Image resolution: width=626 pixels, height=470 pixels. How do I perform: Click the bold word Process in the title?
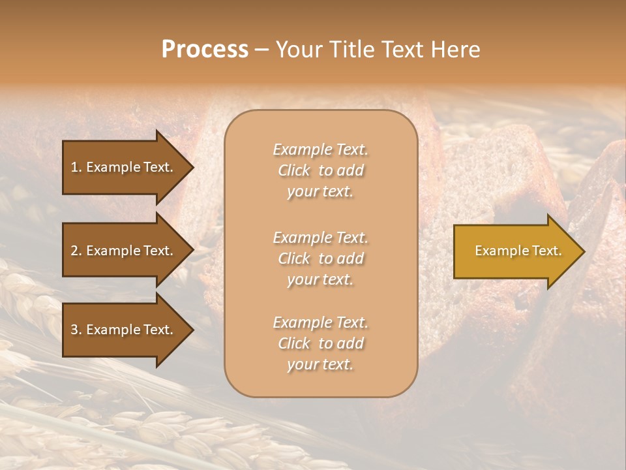(x=205, y=50)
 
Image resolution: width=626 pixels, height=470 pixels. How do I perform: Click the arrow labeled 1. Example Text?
(x=123, y=167)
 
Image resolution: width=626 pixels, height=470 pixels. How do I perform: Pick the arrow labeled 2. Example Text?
(x=123, y=251)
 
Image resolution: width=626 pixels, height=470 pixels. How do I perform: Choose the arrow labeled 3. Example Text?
(x=123, y=330)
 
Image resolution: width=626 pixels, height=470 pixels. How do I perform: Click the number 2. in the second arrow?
(x=76, y=251)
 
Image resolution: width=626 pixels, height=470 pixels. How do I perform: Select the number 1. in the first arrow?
(x=76, y=167)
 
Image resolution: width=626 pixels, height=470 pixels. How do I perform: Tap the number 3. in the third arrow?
(x=76, y=330)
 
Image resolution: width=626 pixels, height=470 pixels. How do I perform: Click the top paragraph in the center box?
(x=321, y=170)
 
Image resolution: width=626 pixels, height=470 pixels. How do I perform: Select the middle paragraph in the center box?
(x=321, y=258)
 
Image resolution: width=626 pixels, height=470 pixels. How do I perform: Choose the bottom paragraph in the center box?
(x=321, y=343)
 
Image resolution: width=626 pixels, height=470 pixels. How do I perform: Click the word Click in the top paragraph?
(x=294, y=170)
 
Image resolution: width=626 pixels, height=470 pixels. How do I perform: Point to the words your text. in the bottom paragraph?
(x=320, y=365)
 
